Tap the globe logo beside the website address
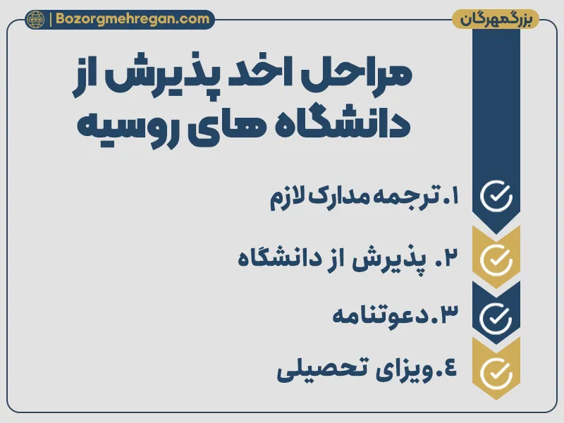tap(35, 20)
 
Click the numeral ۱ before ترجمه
tap(451, 196)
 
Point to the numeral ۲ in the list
tap(451, 258)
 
